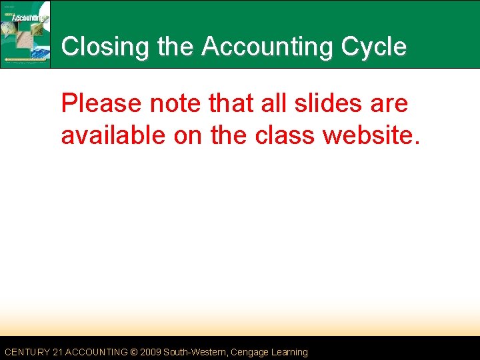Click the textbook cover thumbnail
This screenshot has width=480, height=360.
point(26,34)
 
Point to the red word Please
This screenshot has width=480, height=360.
point(101,104)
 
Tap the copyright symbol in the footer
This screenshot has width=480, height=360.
point(133,352)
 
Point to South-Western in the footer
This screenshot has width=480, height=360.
point(194,352)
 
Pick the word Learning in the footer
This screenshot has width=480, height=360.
point(289,352)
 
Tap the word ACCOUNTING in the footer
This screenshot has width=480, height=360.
point(97,352)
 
